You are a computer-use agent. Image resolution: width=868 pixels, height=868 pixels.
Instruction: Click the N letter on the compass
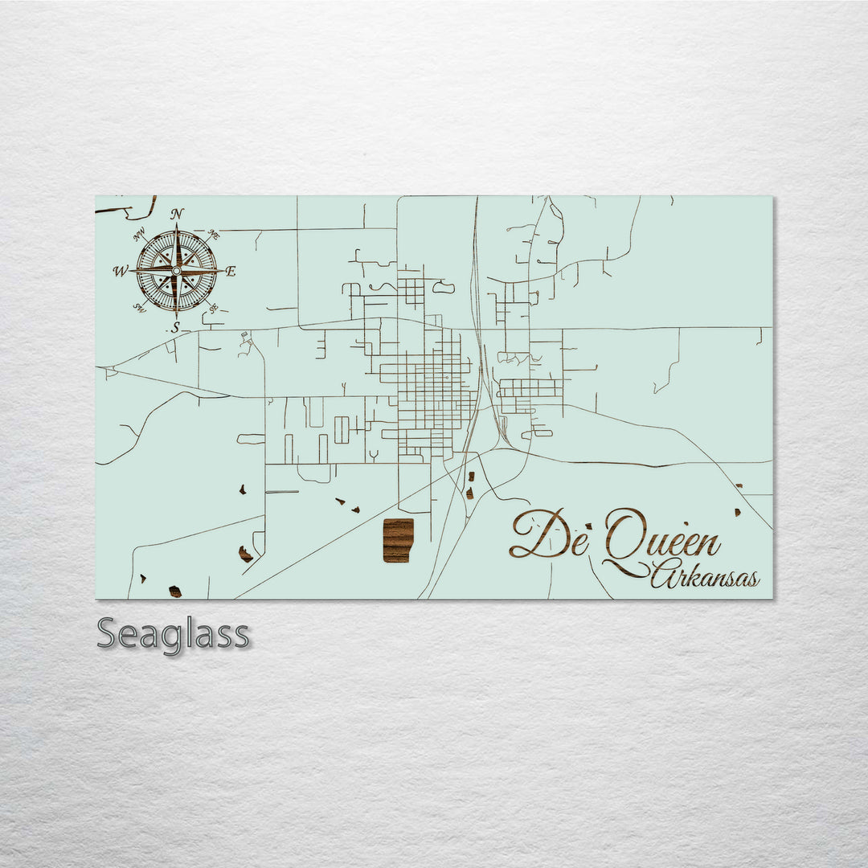tap(177, 214)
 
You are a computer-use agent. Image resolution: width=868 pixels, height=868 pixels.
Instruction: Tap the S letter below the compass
tap(175, 328)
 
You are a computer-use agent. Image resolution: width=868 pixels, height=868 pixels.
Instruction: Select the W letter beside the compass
tap(120, 271)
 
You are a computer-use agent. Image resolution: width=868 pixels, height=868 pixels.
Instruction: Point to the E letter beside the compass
tap(231, 272)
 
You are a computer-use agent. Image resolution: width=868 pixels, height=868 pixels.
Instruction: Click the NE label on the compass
tap(214, 234)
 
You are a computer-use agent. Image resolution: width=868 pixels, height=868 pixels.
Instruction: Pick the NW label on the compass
tap(139, 234)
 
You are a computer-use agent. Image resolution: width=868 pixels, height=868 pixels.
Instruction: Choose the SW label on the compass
tap(138, 308)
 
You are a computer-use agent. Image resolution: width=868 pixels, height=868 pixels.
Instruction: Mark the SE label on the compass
tap(213, 309)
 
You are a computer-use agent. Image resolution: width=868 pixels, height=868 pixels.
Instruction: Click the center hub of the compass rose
tap(176, 271)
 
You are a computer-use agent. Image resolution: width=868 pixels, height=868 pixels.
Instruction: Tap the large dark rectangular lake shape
tap(398, 540)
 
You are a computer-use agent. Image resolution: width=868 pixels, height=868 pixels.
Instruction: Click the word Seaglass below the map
tap(174, 634)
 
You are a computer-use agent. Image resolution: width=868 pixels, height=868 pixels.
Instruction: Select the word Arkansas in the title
tap(704, 576)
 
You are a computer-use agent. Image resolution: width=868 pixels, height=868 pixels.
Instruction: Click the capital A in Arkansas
tap(664, 575)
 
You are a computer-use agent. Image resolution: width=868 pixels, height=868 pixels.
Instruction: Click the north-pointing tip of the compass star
tap(177, 225)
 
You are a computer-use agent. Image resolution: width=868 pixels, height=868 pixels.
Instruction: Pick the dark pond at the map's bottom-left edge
tap(174, 592)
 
